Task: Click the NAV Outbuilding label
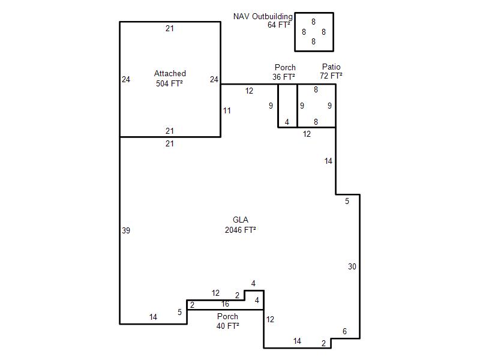coord(263,17)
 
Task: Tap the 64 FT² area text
coord(278,25)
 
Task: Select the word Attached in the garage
coord(170,73)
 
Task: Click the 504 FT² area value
coord(169,83)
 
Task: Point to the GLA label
coord(241,220)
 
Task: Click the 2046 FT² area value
coord(241,230)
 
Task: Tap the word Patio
coord(331,67)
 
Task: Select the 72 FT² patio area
coord(331,76)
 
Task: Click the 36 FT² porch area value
coord(284,77)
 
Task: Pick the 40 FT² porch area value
coord(228,326)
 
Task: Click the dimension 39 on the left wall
coord(126,230)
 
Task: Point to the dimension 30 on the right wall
coord(352,266)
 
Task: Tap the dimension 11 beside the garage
coord(227,110)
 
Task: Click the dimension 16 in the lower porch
coord(226,304)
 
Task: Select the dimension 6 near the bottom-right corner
coord(344,331)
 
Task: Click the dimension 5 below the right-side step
coord(347,201)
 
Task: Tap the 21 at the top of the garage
coord(170,28)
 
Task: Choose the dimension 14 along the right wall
coord(328,161)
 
